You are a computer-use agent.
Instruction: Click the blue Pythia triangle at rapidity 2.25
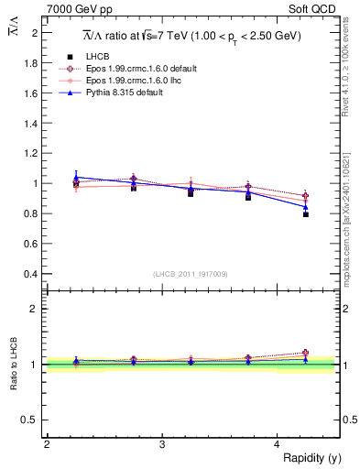coord(76,177)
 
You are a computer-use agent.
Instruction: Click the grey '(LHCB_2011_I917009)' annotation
coord(191,273)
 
